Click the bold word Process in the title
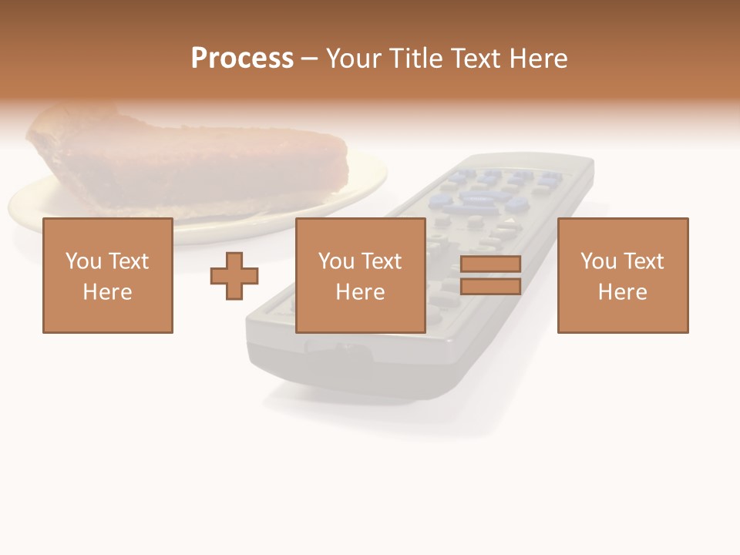click(242, 59)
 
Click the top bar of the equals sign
click(490, 264)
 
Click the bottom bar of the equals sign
click(490, 287)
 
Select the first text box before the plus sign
click(107, 275)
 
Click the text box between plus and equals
click(360, 275)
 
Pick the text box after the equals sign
click(622, 275)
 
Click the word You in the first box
click(82, 261)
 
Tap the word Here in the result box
click(622, 291)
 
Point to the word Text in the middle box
click(382, 261)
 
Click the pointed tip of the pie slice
click(339, 154)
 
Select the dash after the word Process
click(310, 59)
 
